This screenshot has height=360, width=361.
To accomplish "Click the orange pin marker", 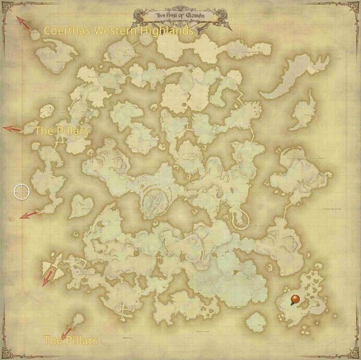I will point(294,299).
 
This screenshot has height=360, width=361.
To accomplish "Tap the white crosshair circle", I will point(22,191).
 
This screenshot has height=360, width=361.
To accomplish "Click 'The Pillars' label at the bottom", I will point(70,340).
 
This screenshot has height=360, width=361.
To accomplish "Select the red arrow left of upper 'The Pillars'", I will point(12,128).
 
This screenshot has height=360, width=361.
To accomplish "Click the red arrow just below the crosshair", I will point(28,214).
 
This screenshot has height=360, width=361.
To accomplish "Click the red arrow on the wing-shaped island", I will point(48,275).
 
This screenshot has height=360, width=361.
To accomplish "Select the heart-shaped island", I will point(80,207).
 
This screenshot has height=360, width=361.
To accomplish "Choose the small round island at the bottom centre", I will point(256,322).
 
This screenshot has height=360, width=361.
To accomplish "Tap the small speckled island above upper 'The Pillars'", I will point(46,110).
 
